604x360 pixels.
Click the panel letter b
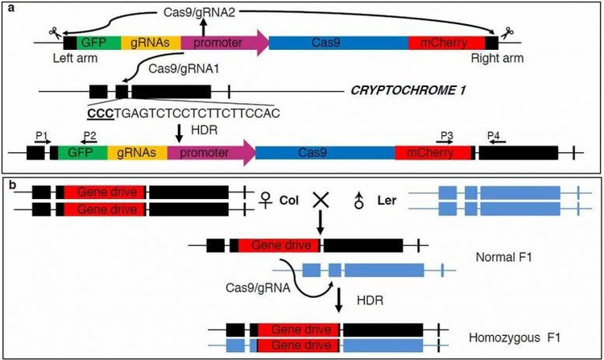click(x=10, y=184)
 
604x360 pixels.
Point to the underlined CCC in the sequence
click(x=101, y=113)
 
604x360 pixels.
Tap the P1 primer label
click(x=41, y=136)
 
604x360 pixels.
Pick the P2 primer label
click(x=89, y=136)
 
